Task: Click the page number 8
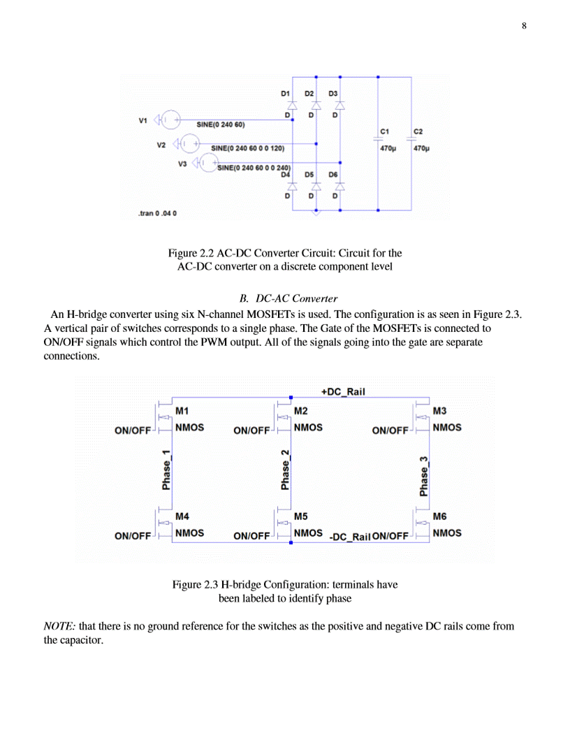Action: tap(524, 27)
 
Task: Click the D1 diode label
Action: tap(285, 93)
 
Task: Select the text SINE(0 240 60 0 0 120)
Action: tap(247, 149)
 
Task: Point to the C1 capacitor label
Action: tap(385, 131)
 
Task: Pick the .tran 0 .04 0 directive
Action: tap(158, 212)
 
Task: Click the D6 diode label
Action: tap(333, 175)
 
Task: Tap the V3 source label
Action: tap(184, 164)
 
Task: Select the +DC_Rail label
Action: tap(344, 392)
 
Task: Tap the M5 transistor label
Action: tap(301, 517)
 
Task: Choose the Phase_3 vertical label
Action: tap(424, 477)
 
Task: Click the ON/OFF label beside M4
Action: tap(133, 537)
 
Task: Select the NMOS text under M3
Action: tap(447, 427)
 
